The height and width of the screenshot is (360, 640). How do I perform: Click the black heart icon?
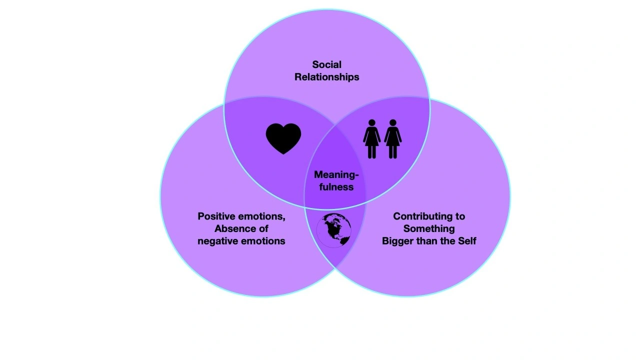283,138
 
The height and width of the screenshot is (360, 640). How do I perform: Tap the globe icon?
333,230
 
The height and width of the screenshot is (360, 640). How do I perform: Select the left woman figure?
372,139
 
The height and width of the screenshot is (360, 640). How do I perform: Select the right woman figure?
393,139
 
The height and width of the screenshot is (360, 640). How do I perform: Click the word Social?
326,64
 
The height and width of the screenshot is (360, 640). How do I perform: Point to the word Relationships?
326,77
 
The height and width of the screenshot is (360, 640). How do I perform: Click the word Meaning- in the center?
336,174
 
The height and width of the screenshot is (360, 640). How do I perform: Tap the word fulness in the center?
336,187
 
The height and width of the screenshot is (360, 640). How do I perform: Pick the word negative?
217,241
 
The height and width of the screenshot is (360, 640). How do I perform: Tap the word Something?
429,229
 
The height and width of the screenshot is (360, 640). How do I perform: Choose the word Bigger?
398,241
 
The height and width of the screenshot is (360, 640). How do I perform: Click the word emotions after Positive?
262,216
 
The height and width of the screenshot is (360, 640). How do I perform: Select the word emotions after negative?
262,241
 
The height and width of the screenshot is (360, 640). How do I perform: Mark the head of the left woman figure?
372,122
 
